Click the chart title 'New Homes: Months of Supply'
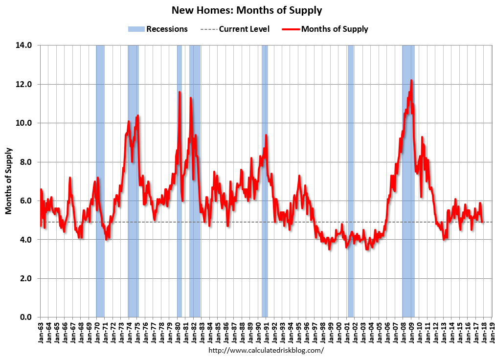pyautogui.click(x=247, y=10)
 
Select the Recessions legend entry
pyautogui.click(x=157, y=29)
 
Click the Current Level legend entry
pyautogui.click(x=235, y=29)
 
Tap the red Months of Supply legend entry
pyautogui.click(x=325, y=29)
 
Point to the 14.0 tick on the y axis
pyautogui.click(x=24, y=45)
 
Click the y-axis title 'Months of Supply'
pyautogui.click(x=8, y=181)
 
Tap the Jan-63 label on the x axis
pyautogui.click(x=41, y=333)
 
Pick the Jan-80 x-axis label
pyautogui.click(x=178, y=333)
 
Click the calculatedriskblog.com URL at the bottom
pyautogui.click(x=266, y=351)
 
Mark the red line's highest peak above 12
pyautogui.click(x=411, y=80)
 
